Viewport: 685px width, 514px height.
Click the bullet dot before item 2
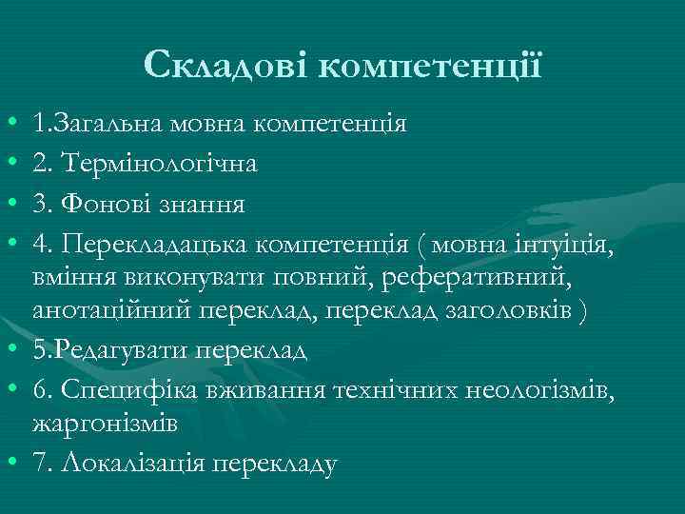[x=10, y=165]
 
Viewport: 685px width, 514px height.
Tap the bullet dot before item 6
[x=10, y=390]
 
